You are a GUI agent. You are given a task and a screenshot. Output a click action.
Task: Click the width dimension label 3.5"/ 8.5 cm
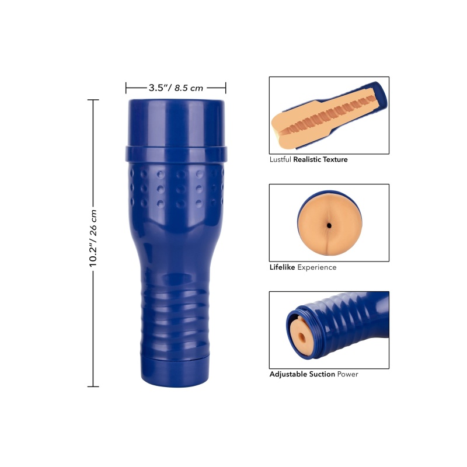pyautogui.click(x=176, y=88)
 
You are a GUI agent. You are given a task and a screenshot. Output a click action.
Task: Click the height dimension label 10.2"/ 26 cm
pyautogui.click(x=93, y=238)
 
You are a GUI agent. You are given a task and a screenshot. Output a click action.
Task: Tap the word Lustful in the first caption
pyautogui.click(x=280, y=159)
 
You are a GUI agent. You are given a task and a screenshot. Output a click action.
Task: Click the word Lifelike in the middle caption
pyautogui.click(x=282, y=267)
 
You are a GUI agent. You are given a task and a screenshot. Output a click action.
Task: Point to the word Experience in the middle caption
pyautogui.click(x=317, y=267)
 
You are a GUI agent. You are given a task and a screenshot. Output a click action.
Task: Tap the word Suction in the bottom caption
pyautogui.click(x=322, y=374)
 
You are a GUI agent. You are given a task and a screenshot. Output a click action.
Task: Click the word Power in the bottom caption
pyautogui.click(x=347, y=374)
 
